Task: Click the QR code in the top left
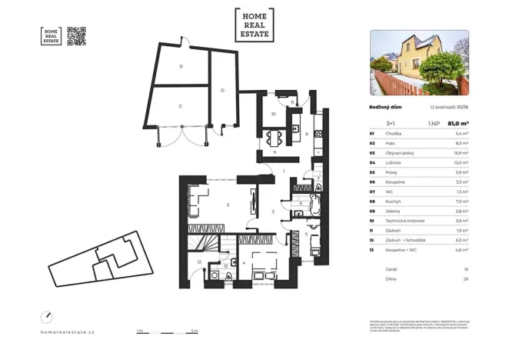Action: pos(77,36)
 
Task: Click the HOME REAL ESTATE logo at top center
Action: pos(254,25)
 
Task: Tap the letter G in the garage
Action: pos(180,105)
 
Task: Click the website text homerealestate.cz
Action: pos(67,332)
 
